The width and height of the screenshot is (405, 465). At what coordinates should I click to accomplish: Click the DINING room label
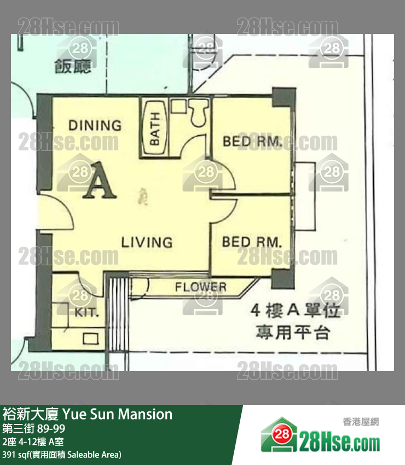[95, 125]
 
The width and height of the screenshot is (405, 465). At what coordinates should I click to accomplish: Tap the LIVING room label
[147, 242]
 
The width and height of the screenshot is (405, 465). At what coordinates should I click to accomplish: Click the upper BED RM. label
[252, 142]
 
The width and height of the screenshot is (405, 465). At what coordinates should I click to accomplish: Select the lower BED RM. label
[251, 242]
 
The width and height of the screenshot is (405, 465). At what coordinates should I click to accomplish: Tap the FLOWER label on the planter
[200, 287]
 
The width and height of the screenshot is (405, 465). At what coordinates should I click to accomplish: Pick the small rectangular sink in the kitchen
[89, 339]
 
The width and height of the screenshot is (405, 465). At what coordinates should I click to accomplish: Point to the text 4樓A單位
[296, 311]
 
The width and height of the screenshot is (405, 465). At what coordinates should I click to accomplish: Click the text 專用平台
[293, 332]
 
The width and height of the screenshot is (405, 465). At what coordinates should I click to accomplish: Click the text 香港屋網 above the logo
[361, 421]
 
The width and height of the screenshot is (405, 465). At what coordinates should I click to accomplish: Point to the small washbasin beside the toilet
[178, 106]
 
